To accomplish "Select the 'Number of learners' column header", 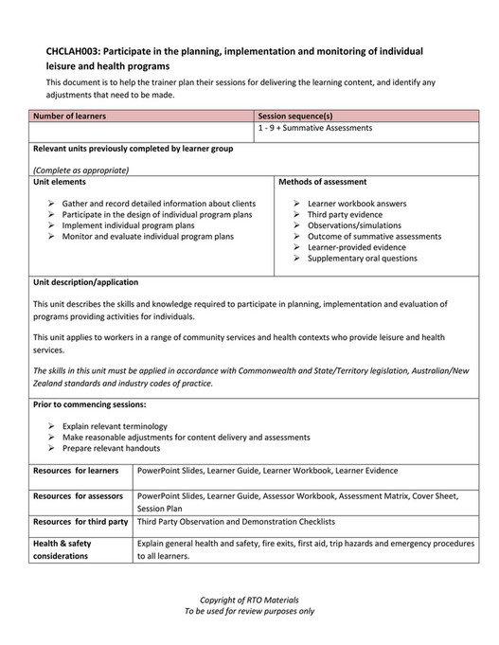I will [x=69, y=116].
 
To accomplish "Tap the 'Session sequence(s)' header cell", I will [x=295, y=116].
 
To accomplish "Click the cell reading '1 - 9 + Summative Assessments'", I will [x=315, y=127].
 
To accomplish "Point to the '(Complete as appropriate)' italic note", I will [x=80, y=170].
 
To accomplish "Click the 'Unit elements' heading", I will [x=59, y=181].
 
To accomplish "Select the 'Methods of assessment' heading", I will [x=323, y=181].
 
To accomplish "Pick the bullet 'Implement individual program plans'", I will [x=128, y=225].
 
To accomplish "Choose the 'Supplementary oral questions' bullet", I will [x=362, y=258].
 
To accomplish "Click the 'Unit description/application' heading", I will [x=85, y=281].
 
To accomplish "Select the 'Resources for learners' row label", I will [x=76, y=470].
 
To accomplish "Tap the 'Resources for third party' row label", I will [x=80, y=522].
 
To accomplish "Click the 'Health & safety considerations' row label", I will [x=62, y=549].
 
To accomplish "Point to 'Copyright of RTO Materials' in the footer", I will [x=249, y=600].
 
